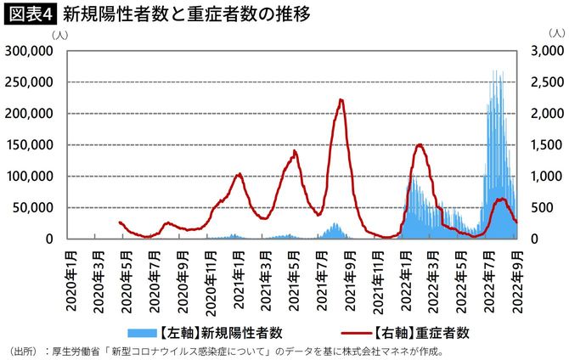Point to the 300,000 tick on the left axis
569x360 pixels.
(30, 51)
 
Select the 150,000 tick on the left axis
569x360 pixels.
(30, 145)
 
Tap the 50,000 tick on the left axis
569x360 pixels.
(33, 208)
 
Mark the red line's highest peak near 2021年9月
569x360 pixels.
(341, 100)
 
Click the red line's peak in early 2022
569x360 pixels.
(420, 145)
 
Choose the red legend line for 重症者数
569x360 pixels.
(354, 331)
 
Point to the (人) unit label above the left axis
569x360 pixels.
(61, 35)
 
